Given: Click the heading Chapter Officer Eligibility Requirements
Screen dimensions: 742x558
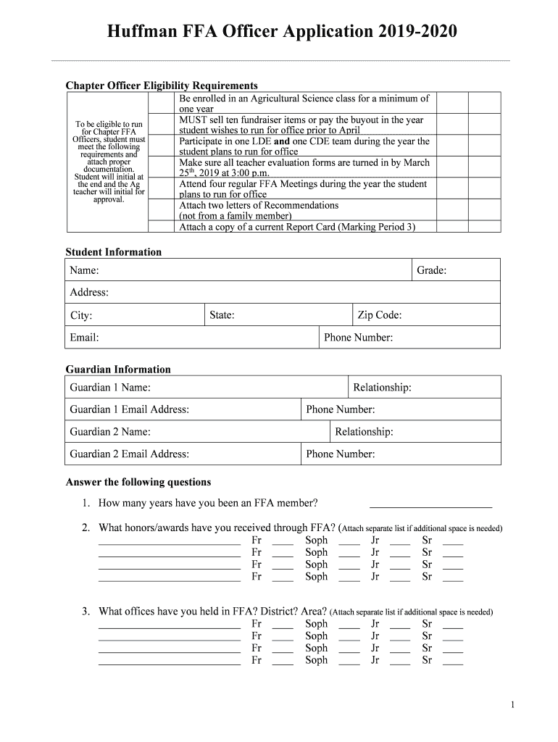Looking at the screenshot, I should click(162, 86).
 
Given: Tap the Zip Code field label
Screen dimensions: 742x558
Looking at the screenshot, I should click(379, 315).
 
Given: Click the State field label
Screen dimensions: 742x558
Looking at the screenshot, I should click(222, 315).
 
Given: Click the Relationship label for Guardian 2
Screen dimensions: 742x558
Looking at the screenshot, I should click(364, 432).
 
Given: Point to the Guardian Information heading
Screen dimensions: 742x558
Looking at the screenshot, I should click(118, 370).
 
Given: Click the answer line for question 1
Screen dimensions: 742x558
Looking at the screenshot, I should click(430, 504).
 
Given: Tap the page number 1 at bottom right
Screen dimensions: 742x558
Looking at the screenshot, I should click(512, 705).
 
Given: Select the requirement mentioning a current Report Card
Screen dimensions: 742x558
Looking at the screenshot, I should click(297, 227).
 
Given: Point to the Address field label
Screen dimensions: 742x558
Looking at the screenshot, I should click(89, 293).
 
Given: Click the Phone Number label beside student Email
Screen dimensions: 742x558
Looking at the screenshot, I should click(358, 338).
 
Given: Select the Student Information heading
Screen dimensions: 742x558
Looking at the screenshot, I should click(114, 252).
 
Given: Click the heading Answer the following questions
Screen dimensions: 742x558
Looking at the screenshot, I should click(138, 482).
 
